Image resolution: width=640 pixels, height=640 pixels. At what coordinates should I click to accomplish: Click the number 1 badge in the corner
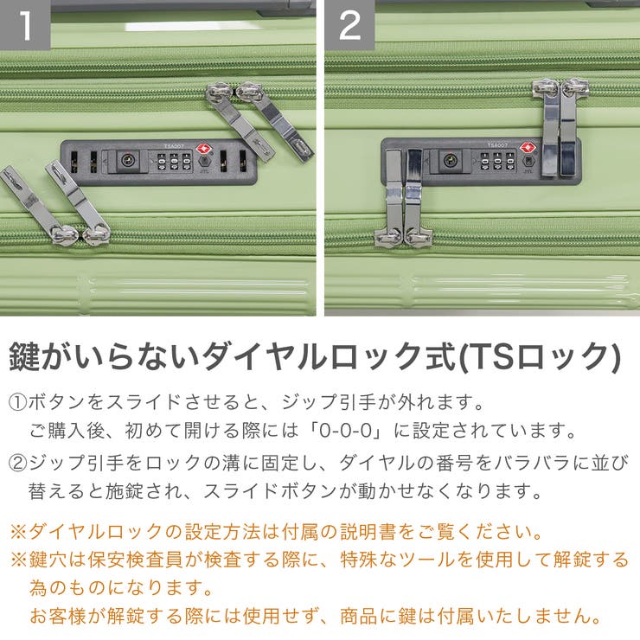coord(25,24)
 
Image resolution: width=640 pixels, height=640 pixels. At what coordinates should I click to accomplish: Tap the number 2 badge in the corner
coord(349,24)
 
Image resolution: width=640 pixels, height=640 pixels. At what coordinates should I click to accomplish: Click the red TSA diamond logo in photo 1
coord(203,148)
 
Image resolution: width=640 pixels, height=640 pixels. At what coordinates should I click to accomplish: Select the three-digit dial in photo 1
coord(175,162)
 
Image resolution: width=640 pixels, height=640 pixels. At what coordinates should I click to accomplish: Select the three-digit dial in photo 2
coord(497,161)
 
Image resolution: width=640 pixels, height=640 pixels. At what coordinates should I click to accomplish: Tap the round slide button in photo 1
coord(128,160)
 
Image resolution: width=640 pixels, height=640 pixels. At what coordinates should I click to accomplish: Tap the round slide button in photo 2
coord(451,160)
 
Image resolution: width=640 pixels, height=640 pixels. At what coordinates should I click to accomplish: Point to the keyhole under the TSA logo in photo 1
coord(205,161)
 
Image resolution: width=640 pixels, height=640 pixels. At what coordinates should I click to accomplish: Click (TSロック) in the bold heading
coord(540,356)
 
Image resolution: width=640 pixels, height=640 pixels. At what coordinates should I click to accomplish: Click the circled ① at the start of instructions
coord(17,402)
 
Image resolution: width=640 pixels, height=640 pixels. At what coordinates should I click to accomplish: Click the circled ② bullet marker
coord(17,463)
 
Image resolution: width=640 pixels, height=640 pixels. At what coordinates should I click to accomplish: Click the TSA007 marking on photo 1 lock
coord(175,146)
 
